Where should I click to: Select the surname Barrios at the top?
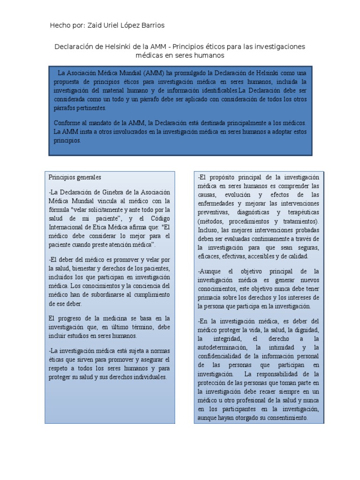click(x=151, y=25)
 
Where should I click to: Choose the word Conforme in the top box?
click(x=69, y=123)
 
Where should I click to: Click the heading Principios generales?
click(x=75, y=178)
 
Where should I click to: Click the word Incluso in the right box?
click(x=207, y=230)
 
